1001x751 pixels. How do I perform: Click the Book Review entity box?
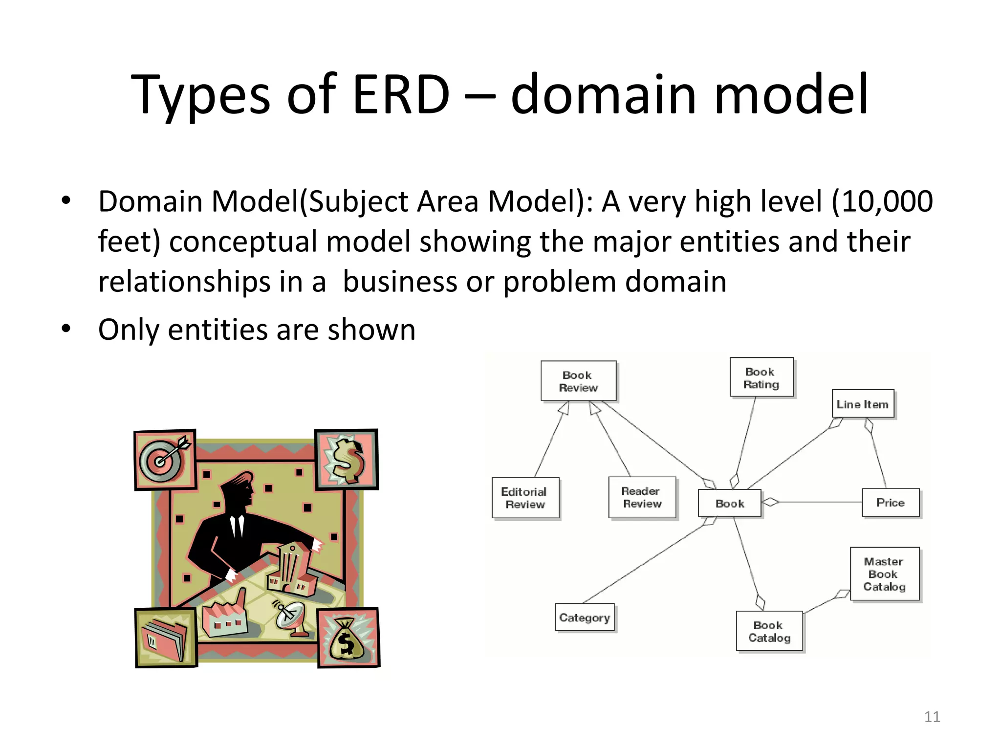click(x=578, y=381)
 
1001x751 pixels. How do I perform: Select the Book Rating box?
click(x=761, y=377)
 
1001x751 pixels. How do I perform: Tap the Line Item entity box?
click(x=863, y=404)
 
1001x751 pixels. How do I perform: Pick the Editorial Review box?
click(x=525, y=498)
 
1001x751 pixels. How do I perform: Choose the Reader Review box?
click(x=642, y=497)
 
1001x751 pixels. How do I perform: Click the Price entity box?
click(x=890, y=503)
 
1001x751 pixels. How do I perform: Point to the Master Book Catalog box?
click(x=884, y=574)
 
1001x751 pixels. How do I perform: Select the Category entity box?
click(x=585, y=618)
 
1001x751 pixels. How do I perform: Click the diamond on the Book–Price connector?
click(x=771, y=502)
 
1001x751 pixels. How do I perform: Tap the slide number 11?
click(x=932, y=717)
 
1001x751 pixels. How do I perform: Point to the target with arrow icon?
click(x=165, y=460)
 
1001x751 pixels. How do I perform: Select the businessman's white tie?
click(x=238, y=526)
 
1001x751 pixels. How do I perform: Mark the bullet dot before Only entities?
click(x=66, y=329)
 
